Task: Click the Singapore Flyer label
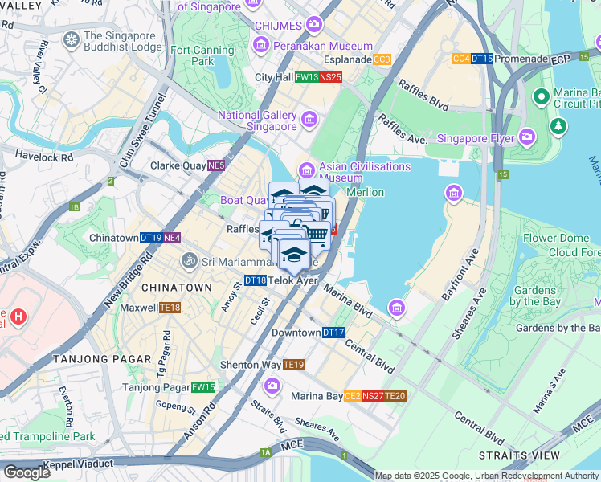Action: click(475, 138)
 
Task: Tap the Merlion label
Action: click(365, 192)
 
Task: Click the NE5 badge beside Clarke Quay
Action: click(215, 166)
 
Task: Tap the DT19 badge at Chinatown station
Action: click(151, 239)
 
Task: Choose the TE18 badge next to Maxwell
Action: click(170, 308)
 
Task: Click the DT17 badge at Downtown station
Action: click(333, 333)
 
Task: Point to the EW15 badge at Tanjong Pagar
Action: click(203, 387)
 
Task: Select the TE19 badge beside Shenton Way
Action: click(294, 365)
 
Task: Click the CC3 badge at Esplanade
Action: click(382, 59)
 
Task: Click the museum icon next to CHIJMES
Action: click(311, 26)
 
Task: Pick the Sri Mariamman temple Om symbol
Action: click(189, 261)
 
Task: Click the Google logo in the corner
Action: click(27, 472)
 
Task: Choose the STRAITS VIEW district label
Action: click(530, 455)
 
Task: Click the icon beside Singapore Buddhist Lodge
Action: click(72, 39)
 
